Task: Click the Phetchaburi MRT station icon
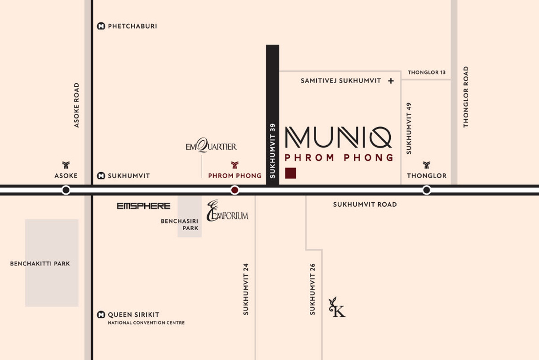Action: click(101, 26)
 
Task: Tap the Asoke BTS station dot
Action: click(66, 190)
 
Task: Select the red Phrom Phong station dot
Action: click(234, 190)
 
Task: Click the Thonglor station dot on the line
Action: click(427, 190)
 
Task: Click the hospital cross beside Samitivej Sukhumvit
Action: click(391, 81)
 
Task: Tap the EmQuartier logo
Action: click(211, 146)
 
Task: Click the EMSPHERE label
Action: click(144, 206)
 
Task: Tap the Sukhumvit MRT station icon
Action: click(101, 176)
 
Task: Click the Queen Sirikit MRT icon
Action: click(101, 315)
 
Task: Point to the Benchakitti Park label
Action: click(40, 263)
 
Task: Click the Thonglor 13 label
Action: click(427, 72)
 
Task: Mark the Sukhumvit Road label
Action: click(365, 204)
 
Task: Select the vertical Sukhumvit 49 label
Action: click(409, 129)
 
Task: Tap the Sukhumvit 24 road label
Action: click(246, 289)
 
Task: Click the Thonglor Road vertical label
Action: click(466, 97)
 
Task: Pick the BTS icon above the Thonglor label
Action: click(427, 165)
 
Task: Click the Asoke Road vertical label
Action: click(76, 105)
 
